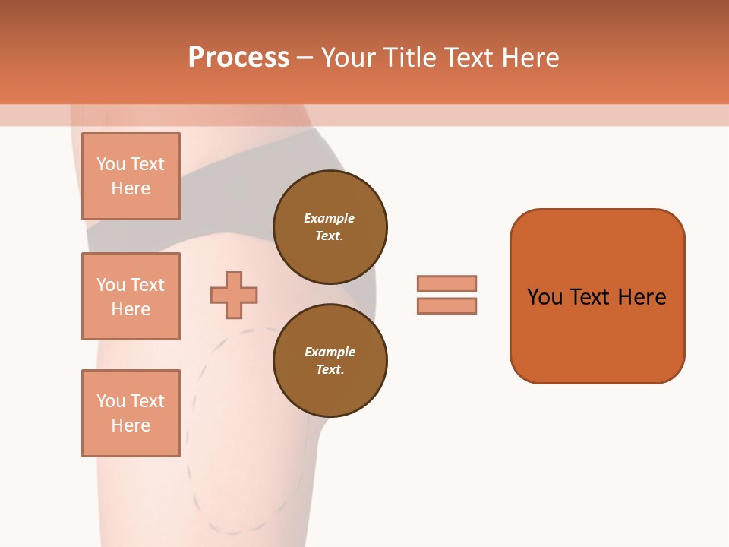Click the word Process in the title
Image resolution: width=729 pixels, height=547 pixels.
pos(238,58)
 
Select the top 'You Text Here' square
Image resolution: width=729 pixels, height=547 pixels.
pos(131,176)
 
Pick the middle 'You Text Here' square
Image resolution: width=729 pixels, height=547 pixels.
pos(131,296)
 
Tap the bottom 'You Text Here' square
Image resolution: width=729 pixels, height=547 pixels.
pos(131,413)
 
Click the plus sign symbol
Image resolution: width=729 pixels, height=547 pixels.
pos(234,295)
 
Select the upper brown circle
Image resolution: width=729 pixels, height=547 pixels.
pos(330,227)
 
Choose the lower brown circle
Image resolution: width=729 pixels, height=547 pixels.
pos(330,360)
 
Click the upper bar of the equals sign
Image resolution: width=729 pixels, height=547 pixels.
pos(447,283)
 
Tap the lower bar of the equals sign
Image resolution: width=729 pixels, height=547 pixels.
pos(447,305)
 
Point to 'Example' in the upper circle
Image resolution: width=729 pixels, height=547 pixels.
pos(330,218)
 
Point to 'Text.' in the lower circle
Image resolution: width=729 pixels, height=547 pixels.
pos(330,369)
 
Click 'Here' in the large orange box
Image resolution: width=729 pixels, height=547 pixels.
pos(642,297)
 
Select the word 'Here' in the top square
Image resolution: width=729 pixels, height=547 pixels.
pos(131,188)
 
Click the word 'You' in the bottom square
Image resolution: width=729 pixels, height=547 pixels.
pos(111,401)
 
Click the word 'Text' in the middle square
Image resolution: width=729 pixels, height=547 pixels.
pos(147,285)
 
